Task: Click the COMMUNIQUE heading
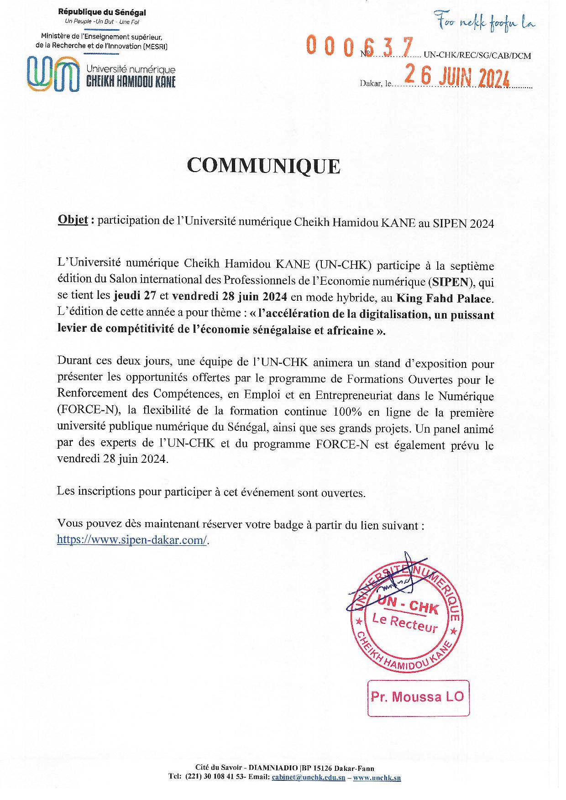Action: pos(263,166)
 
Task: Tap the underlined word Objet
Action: pos(73,220)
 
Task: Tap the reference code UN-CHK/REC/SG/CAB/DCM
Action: pos(477,56)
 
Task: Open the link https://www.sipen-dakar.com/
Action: pos(132,540)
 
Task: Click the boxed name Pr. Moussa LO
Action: pos(418,697)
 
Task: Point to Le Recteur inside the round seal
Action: pos(404,623)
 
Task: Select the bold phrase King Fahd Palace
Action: pos(444,298)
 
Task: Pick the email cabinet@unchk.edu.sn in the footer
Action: pos(309,777)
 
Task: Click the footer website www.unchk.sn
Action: pos(377,777)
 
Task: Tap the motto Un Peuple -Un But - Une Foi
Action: pos(102,22)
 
